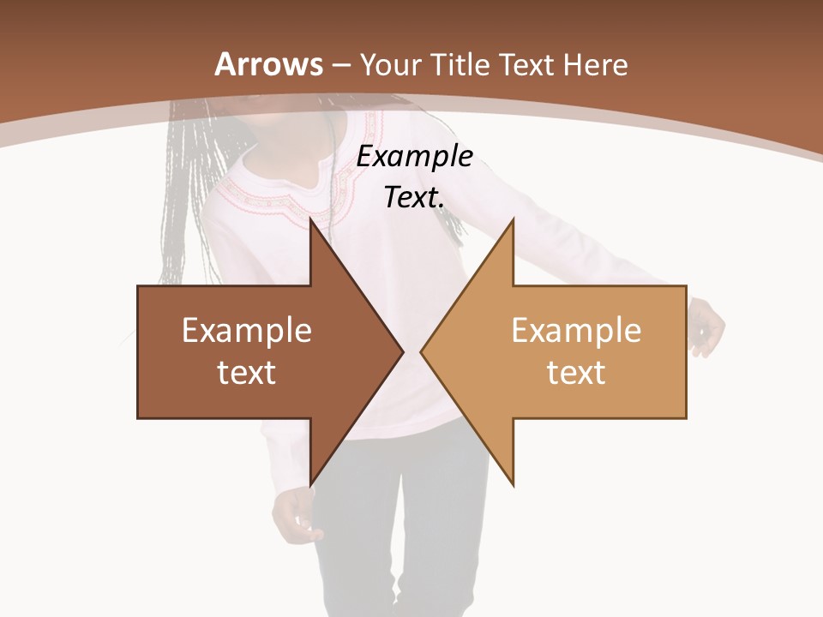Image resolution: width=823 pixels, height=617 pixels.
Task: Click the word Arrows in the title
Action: click(269, 64)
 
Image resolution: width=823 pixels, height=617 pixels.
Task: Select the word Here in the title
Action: click(596, 64)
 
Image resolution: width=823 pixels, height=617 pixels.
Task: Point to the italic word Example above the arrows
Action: click(414, 157)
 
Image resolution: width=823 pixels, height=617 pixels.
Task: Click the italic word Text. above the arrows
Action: click(414, 198)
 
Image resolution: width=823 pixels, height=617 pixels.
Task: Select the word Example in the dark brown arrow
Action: click(247, 331)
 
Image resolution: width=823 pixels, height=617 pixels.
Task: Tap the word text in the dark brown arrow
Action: click(247, 373)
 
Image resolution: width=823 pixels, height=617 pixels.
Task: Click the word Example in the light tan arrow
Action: click(576, 331)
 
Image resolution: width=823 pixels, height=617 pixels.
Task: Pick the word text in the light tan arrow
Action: click(576, 373)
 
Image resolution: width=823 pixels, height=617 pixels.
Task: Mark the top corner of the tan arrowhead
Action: click(513, 219)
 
